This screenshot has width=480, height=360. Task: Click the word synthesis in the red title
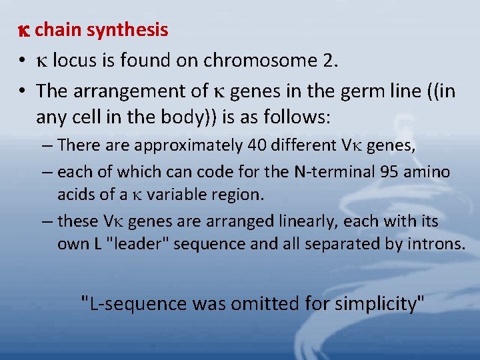127,30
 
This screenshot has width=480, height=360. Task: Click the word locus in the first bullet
74,61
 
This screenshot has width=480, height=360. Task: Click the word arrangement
125,90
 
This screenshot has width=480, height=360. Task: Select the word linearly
301,221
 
